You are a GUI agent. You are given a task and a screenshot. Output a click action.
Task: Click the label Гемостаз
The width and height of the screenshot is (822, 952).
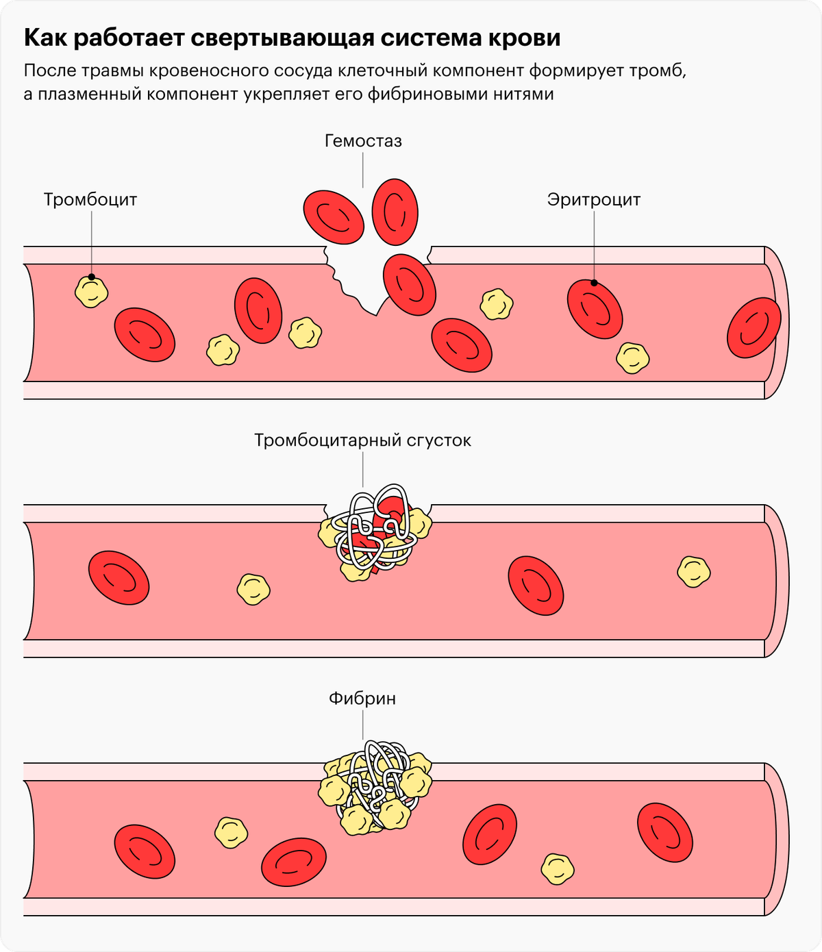363,141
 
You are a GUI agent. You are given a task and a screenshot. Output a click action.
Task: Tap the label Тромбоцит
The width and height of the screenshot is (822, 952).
90,200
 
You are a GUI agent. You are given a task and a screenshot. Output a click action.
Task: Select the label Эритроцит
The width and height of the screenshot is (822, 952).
593,200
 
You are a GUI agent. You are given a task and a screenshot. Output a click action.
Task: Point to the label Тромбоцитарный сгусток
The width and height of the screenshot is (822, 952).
362,440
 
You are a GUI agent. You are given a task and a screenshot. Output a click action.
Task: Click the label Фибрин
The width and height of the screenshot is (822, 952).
362,699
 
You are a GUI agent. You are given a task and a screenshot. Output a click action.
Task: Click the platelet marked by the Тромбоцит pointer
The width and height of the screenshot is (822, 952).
91,290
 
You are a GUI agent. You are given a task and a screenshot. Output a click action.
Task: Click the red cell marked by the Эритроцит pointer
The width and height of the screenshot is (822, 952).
595,308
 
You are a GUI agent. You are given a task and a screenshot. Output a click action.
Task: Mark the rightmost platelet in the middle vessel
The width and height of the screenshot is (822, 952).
693,572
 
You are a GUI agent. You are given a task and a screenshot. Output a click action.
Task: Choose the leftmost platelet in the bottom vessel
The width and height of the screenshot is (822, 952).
231,832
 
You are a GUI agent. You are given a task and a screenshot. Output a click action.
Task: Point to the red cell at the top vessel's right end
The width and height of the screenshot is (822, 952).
754,327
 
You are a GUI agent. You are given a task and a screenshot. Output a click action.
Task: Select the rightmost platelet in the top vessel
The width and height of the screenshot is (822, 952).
633,358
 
